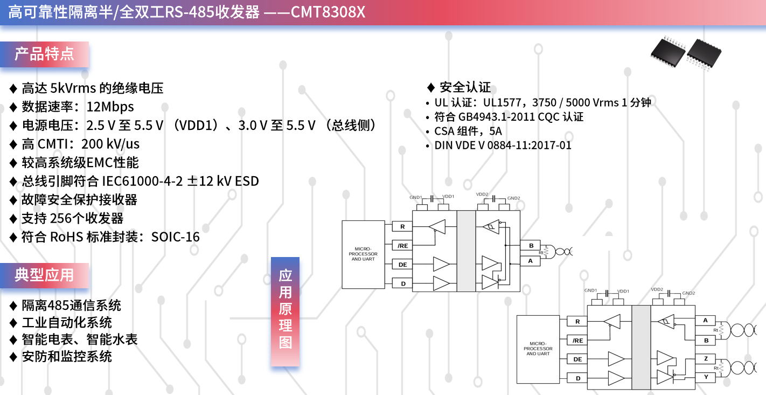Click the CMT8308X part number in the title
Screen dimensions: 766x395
[x=328, y=12]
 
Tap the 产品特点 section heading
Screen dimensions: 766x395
[x=44, y=54]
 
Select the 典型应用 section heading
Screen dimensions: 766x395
[x=44, y=275]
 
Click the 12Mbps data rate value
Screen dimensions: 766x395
[x=110, y=107]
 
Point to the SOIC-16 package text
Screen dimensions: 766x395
[x=176, y=237]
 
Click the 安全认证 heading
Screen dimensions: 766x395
[x=465, y=87]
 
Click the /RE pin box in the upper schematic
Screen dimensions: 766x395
[x=402, y=246]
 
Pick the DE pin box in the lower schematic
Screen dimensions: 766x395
[x=577, y=359]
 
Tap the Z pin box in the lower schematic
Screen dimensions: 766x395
[x=706, y=358]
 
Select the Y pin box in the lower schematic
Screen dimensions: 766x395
[x=706, y=377]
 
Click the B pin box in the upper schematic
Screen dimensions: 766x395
[x=531, y=246]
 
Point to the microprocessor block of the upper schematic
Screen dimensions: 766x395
[x=363, y=254]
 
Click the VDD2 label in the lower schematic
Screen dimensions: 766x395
[x=657, y=289]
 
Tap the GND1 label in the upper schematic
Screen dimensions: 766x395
[x=415, y=197]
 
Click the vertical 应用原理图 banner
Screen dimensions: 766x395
[x=285, y=311]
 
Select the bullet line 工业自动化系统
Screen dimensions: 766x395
[x=67, y=322]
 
